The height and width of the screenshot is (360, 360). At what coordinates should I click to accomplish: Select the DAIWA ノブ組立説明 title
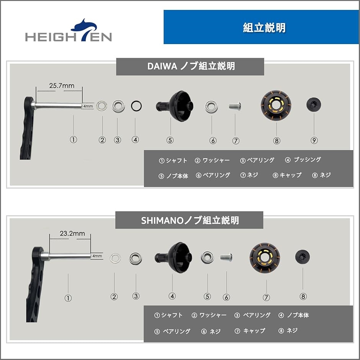pyautogui.click(x=190, y=66)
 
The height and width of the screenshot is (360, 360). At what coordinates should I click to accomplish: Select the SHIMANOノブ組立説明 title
pyautogui.click(x=190, y=220)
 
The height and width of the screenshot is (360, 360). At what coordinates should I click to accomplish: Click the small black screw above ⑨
pyautogui.click(x=314, y=104)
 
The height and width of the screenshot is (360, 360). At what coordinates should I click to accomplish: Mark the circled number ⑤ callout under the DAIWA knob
pyautogui.click(x=170, y=140)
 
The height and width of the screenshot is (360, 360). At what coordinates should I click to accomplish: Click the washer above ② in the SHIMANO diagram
pyautogui.click(x=115, y=258)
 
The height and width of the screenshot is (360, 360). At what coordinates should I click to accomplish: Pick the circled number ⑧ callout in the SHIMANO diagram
pyautogui.click(x=303, y=296)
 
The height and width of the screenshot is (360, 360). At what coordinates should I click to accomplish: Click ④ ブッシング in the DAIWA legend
pyautogui.click(x=303, y=160)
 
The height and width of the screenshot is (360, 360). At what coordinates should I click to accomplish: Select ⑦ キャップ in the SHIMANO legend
pyautogui.click(x=250, y=331)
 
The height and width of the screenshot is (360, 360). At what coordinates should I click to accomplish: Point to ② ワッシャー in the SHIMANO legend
pyautogui.click(x=209, y=315)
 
